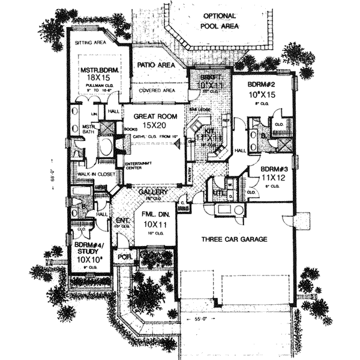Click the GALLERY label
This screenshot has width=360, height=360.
point(152,193)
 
